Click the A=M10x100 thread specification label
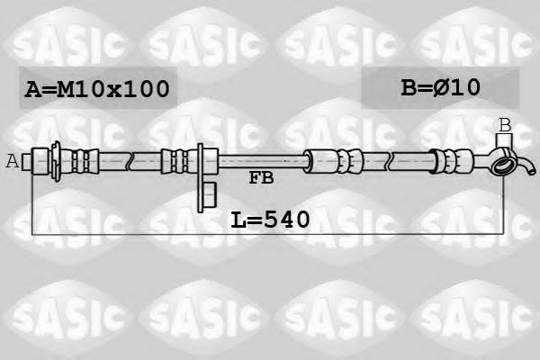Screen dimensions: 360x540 [x=97, y=89]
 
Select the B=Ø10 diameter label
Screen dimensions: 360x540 [x=440, y=87]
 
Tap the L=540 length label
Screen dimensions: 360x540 [x=270, y=218]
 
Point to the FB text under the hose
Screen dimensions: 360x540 [x=261, y=179]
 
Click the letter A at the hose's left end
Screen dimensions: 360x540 [x=12, y=161]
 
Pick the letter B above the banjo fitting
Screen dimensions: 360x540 [x=505, y=125]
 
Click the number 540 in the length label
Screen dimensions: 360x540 [x=286, y=218]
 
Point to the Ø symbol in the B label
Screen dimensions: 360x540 [x=446, y=87]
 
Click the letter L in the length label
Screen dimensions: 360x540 [x=238, y=218]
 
